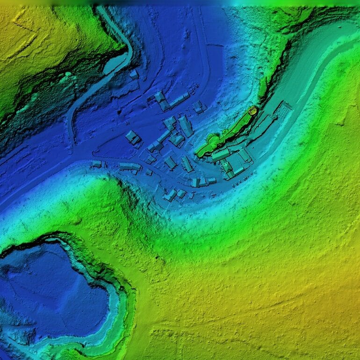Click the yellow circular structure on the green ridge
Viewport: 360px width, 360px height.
252,111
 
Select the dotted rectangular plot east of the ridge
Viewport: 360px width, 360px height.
282,110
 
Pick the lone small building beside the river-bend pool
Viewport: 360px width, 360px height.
134,74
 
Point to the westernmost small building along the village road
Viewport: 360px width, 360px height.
96,164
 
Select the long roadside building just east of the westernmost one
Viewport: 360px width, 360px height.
130,166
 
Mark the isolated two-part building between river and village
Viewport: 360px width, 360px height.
133,137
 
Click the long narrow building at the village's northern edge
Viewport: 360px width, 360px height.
179,100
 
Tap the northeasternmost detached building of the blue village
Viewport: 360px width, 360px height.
198,107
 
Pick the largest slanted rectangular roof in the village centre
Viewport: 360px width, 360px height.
185,126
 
